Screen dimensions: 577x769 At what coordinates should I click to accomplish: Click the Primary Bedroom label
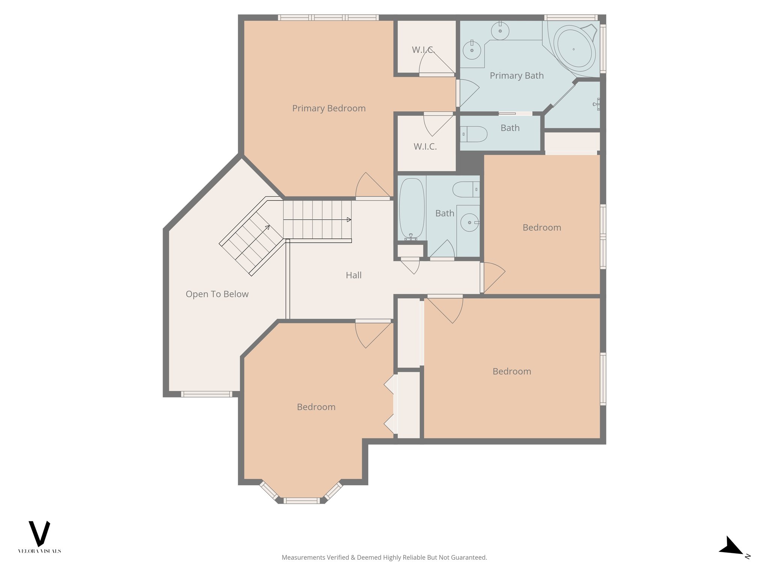[x=329, y=109]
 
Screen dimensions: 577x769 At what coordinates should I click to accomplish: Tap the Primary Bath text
[x=516, y=76]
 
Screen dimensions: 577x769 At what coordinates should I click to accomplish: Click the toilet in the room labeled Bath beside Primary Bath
[x=474, y=134]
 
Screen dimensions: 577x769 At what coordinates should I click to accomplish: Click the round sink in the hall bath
[x=469, y=222]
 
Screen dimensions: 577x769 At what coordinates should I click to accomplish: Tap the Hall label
[x=353, y=275]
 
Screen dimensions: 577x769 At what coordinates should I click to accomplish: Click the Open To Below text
[x=217, y=294]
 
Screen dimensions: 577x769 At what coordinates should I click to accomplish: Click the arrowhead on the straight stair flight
[x=349, y=220]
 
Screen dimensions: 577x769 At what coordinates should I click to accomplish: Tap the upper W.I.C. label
[x=423, y=50]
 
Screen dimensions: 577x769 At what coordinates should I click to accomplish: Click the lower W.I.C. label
[x=425, y=147]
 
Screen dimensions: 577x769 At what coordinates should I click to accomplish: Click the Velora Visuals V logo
[x=39, y=533]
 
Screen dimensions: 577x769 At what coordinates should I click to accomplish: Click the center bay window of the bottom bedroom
[x=302, y=500]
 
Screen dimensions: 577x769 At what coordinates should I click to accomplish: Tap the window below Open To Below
[x=206, y=394]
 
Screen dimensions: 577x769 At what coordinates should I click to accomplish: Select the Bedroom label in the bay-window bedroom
[x=316, y=407]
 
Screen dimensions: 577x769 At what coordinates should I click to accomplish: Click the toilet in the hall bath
[x=466, y=189]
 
